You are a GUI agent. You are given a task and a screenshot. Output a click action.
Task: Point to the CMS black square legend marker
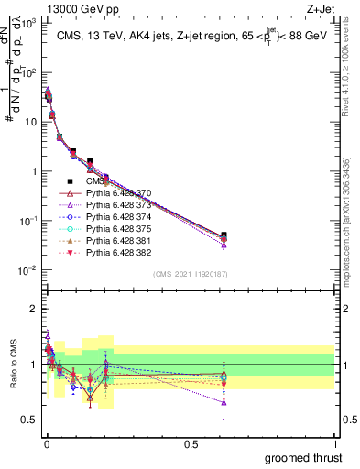tap(69, 181)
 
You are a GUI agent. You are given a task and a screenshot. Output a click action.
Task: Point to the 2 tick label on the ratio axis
tap(33, 309)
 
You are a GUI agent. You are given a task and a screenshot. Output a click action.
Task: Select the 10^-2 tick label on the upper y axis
tap(26, 270)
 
